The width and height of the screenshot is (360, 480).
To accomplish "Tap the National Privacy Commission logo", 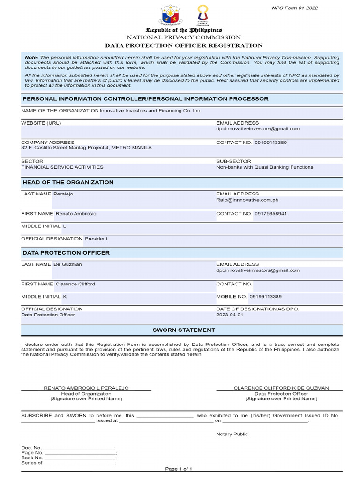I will (202, 14).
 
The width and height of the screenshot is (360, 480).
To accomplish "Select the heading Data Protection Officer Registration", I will (183, 45).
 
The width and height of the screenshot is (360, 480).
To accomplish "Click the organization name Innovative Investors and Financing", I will (150, 111).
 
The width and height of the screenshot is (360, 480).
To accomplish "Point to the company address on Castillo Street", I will (86, 148).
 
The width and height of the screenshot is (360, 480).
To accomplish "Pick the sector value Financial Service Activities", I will (62, 167).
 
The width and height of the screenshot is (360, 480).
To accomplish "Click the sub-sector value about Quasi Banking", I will (264, 167).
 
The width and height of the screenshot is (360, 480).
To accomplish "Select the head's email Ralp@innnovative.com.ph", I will (247, 200).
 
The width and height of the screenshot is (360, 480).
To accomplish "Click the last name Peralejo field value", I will (64, 194).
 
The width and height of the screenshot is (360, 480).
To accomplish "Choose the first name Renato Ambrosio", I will (76, 214).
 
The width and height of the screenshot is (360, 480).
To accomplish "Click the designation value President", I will (96, 239).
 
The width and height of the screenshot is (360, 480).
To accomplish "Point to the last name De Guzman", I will (68, 264).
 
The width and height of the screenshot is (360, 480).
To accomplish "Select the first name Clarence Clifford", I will (75, 284).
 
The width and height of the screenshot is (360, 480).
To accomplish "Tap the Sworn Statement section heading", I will (184, 330).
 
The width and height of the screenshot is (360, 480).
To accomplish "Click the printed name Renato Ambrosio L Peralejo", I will (86, 388).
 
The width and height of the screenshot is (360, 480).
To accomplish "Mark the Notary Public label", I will (232, 434).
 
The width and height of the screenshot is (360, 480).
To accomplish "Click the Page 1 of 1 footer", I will (179, 469).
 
